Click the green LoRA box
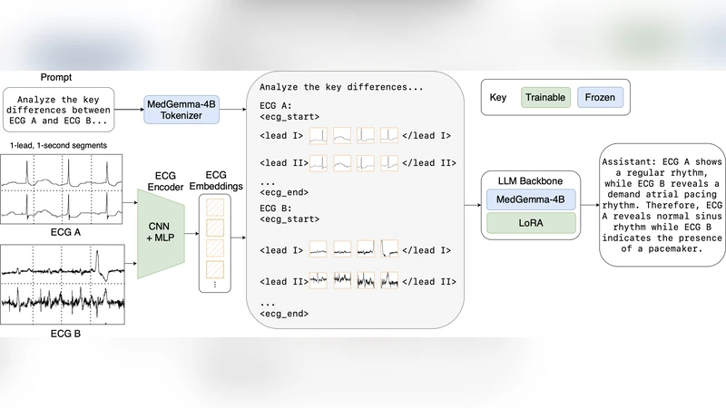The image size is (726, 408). point(531,223)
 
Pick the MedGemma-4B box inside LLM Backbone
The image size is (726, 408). point(531,199)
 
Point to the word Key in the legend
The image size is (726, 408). point(497,96)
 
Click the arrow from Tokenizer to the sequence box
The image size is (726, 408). point(231,111)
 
